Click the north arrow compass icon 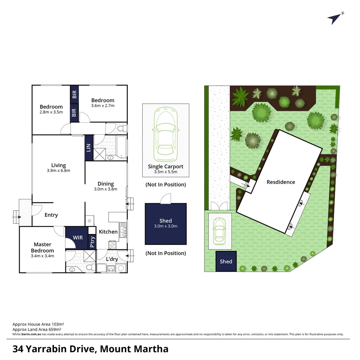point(335,19)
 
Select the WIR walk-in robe point(78,238)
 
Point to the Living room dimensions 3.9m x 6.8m point(58,171)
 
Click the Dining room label point(106,184)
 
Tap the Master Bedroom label point(42,247)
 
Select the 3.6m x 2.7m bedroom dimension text point(103,106)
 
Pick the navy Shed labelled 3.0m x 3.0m point(166,224)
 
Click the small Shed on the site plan point(226,261)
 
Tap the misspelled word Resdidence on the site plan point(281,182)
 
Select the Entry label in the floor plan point(51,215)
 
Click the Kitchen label point(108,232)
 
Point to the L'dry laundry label point(112,259)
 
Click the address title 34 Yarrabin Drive point(90,349)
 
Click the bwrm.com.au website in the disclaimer point(31,334)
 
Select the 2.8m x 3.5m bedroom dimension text point(51,112)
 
